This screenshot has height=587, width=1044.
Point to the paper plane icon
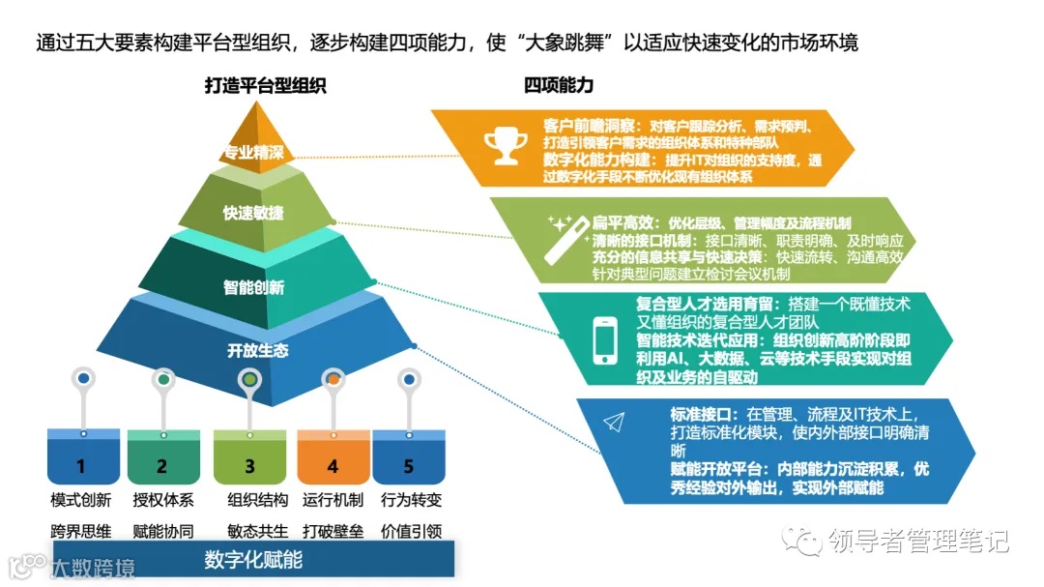(x=614, y=421)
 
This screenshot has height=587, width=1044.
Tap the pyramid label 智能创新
(x=253, y=287)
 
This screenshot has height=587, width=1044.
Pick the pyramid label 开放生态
(x=257, y=350)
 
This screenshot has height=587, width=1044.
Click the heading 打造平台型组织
(x=265, y=85)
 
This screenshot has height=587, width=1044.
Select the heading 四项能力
(x=559, y=85)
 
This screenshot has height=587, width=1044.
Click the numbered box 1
(x=81, y=465)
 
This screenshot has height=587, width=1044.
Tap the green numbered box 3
(x=249, y=465)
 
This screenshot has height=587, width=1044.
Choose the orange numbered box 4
(x=333, y=465)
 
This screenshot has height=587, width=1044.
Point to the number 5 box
(x=408, y=465)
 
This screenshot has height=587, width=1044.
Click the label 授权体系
(x=163, y=500)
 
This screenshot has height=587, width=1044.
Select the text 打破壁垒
(x=333, y=530)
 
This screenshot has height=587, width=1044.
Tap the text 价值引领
(x=411, y=530)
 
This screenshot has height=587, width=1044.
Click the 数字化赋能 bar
(x=253, y=559)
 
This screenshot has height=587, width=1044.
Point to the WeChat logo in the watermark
(x=803, y=539)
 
